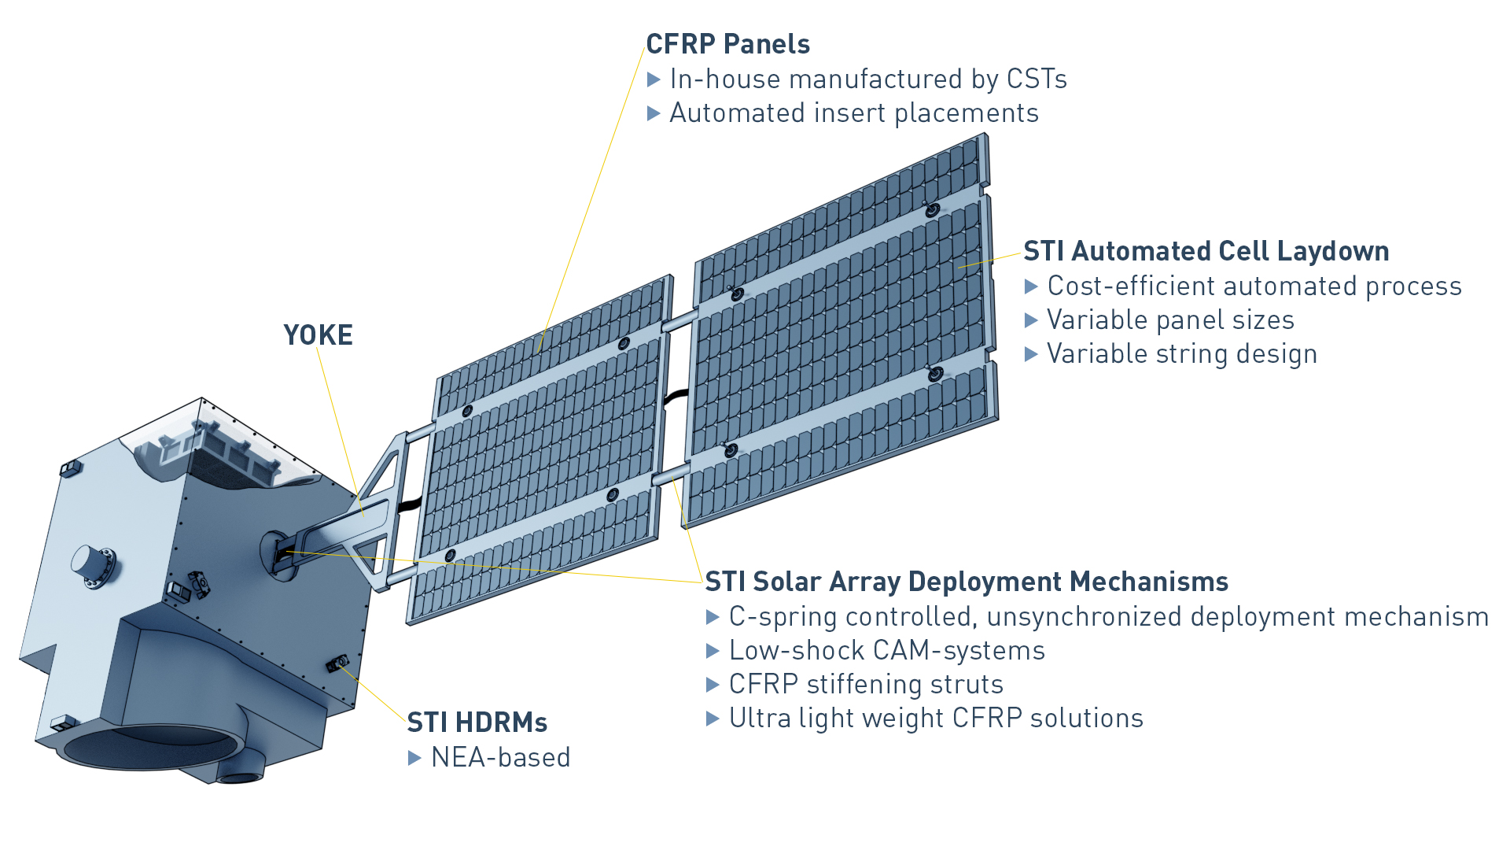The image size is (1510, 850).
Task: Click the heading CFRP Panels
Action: pyautogui.click(x=727, y=44)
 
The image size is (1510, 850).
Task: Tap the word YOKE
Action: pyautogui.click(x=318, y=335)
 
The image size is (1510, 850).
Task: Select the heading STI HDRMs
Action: pyautogui.click(x=477, y=722)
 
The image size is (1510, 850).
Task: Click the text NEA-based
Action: pyautogui.click(x=500, y=757)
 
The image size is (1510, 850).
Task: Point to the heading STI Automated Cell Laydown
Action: pyautogui.click(x=1206, y=251)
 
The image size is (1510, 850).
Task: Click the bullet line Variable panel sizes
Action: pyautogui.click(x=1170, y=320)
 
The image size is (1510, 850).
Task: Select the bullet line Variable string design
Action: pyautogui.click(x=1181, y=354)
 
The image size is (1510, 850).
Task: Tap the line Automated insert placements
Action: pyautogui.click(x=853, y=113)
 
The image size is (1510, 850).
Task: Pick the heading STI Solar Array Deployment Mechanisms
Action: pyautogui.click(x=967, y=582)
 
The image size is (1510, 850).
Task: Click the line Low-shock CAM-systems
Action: pyautogui.click(x=886, y=651)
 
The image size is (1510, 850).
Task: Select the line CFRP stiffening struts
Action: pyautogui.click(x=866, y=685)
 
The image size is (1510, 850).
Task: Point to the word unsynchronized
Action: pyautogui.click(x=1085, y=616)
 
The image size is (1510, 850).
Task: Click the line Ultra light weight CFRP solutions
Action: pyautogui.click(x=936, y=719)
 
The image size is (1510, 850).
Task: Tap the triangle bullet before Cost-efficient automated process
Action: pyautogui.click(x=1031, y=287)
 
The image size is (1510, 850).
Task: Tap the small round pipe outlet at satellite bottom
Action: pyautogui.click(x=240, y=775)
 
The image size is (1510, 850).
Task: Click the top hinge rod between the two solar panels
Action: pyautogui.click(x=680, y=320)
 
